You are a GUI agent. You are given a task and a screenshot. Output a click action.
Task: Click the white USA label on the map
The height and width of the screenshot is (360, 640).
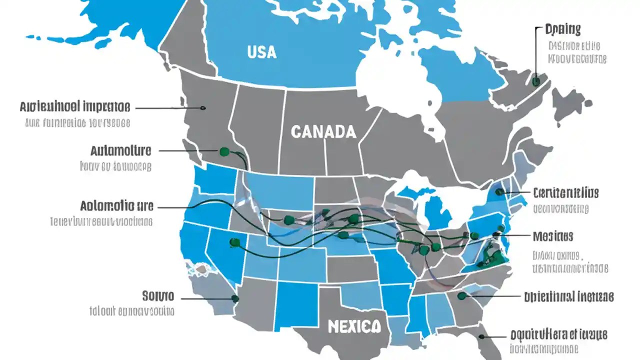coord(261,51)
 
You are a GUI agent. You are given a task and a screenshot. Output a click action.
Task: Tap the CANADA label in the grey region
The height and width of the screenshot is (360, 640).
coord(323,132)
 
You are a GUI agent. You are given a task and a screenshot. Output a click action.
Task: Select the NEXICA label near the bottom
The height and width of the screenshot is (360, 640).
coord(354,327)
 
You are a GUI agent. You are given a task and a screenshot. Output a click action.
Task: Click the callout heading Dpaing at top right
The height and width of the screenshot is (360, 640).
coord(562,29)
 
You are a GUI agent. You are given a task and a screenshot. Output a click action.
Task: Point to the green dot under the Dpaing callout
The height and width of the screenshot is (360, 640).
coord(535,81)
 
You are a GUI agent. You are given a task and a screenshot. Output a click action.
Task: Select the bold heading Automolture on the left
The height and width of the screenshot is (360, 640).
coord(121,150)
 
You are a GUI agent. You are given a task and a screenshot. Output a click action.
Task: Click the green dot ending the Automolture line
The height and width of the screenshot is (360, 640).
coord(223,150)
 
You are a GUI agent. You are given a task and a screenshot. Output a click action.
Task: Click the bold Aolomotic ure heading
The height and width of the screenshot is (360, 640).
coord(116,205)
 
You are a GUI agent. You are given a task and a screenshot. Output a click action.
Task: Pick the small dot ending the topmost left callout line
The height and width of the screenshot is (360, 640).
coord(202,107)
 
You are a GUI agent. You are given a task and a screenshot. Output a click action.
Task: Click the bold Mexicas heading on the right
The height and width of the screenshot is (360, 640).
coord(552,235)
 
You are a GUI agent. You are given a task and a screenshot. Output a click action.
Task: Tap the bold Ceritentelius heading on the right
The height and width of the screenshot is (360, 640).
coord(565,192)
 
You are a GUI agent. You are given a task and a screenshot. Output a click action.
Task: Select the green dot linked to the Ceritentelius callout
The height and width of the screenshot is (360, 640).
coord(499,191)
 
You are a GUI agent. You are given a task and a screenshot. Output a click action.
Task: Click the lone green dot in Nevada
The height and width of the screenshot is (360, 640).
coord(232,242)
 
